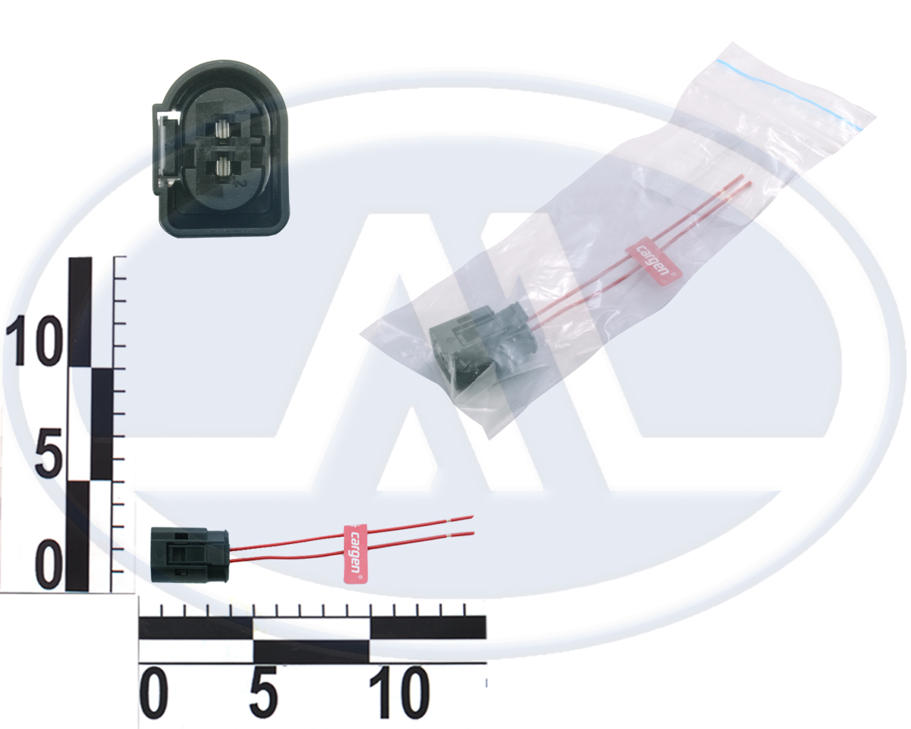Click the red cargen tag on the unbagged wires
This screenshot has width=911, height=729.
tap(355, 554)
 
